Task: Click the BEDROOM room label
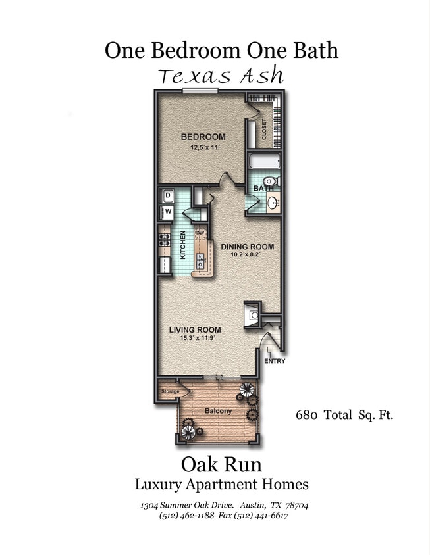[x=203, y=137]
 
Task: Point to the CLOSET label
[x=265, y=130]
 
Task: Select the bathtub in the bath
[x=263, y=162]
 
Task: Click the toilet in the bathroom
[x=271, y=181]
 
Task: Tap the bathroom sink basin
[x=273, y=203]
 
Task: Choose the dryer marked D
[x=167, y=195]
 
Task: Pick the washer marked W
[x=167, y=212]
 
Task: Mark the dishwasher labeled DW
[x=200, y=233]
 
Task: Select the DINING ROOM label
[x=247, y=247]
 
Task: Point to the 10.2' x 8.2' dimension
[x=247, y=255]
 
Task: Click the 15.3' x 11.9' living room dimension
[x=194, y=338]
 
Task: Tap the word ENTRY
[x=275, y=361]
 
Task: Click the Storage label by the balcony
[x=170, y=391]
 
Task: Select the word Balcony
[x=218, y=411]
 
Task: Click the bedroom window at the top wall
[x=200, y=91]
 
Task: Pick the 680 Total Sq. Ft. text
[x=344, y=415]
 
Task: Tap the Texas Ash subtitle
[x=221, y=76]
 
